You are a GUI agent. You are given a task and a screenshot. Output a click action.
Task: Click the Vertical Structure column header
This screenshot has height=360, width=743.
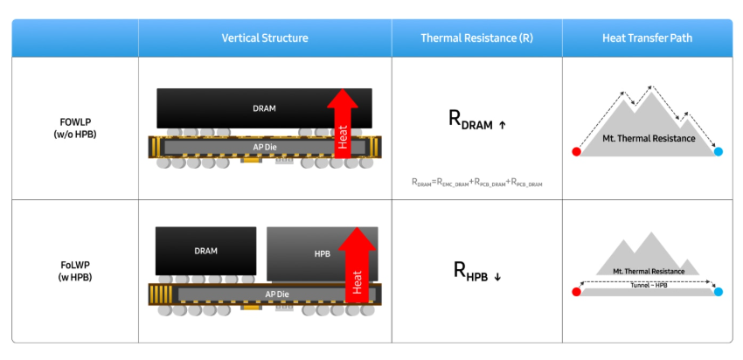click(264, 38)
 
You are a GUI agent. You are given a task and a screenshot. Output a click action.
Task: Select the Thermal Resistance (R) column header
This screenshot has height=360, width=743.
click(476, 38)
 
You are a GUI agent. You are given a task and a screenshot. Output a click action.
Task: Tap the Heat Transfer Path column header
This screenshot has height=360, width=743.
click(647, 38)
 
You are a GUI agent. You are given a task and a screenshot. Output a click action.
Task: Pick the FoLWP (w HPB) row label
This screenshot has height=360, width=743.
click(75, 272)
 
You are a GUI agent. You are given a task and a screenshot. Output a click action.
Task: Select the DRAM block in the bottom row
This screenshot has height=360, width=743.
click(205, 252)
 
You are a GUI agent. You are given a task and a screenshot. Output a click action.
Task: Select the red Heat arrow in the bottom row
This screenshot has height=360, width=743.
click(356, 267)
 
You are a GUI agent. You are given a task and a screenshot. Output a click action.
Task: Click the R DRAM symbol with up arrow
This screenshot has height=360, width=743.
click(476, 121)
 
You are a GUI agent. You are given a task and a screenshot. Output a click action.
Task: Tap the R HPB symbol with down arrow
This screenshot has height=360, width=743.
click(476, 271)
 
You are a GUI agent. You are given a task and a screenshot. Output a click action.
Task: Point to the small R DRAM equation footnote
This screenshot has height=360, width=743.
click(476, 182)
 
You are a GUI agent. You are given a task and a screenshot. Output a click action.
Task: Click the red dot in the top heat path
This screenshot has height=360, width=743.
click(576, 152)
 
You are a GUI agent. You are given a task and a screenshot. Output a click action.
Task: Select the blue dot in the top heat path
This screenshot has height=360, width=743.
click(718, 152)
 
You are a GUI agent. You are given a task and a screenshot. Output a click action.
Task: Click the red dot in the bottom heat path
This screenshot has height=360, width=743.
click(576, 292)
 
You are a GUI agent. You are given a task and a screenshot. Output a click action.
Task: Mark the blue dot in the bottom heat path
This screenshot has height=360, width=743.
click(718, 292)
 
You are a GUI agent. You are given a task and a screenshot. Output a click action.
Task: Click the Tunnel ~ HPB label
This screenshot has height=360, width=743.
click(647, 286)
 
